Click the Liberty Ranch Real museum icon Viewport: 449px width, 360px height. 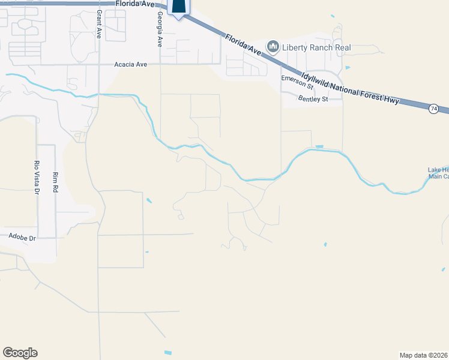273,47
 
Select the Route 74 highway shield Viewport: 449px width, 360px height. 433,109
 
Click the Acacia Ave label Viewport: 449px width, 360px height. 130,64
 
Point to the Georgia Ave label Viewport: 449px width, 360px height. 160,29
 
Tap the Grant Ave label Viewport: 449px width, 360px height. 98,24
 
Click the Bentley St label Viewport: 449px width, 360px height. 313,98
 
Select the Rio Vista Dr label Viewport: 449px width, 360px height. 36,177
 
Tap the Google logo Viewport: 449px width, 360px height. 20,353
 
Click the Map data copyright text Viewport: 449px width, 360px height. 424,355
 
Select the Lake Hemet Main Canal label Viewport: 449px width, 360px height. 438,173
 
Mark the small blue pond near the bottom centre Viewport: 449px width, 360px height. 167,352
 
